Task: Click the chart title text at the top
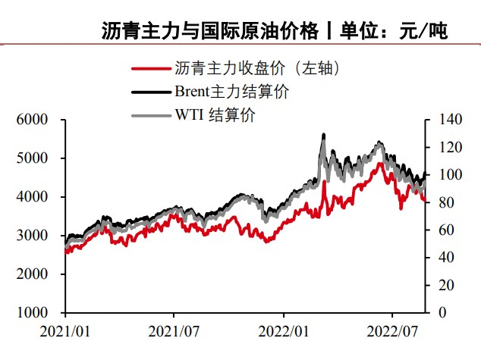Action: [x=275, y=31]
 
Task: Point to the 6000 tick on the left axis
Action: [x=33, y=120]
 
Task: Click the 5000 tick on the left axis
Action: [x=33, y=158]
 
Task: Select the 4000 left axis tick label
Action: [x=33, y=197]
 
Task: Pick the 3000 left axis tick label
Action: [x=33, y=236]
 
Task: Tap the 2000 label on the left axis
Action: [x=33, y=274]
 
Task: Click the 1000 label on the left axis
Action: [x=33, y=312]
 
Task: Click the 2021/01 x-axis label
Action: [x=65, y=331]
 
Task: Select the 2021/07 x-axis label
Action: [x=174, y=331]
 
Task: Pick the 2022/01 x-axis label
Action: [x=283, y=331]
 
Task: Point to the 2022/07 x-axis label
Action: [x=391, y=331]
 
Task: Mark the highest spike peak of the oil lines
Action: [x=324, y=135]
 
